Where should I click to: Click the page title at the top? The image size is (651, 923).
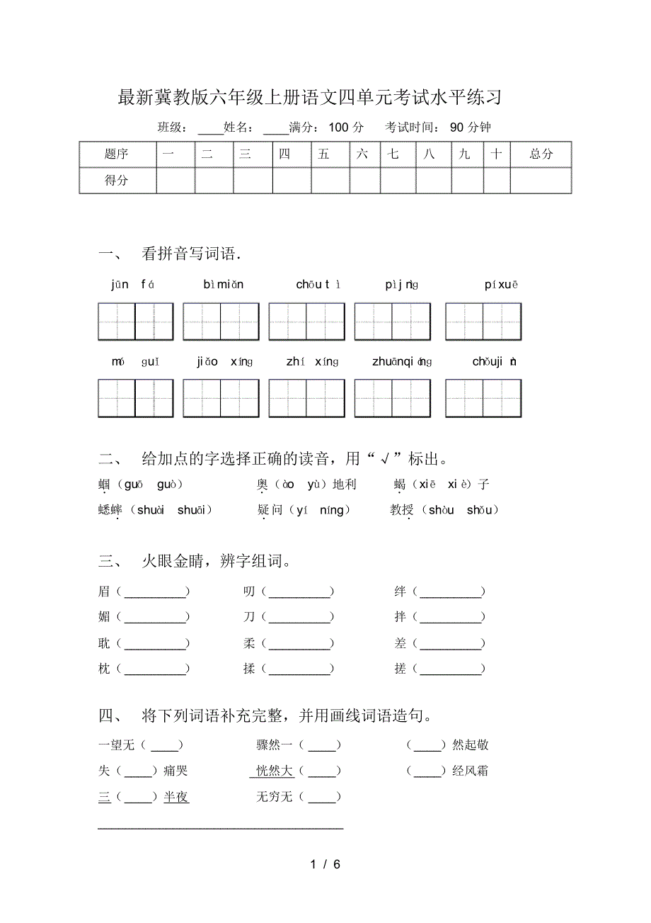(x=309, y=98)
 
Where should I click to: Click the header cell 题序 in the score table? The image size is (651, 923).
(x=117, y=154)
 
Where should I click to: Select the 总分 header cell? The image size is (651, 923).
(x=541, y=154)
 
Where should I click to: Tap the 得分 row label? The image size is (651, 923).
(x=117, y=181)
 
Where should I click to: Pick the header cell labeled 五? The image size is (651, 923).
(x=324, y=154)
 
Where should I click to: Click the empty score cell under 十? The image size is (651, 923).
(x=497, y=181)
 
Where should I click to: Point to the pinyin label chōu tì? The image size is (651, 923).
(x=318, y=285)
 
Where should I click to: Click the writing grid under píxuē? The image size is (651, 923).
(x=483, y=322)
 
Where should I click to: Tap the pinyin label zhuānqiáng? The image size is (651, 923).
(x=401, y=362)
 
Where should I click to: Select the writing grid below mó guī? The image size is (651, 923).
(x=135, y=398)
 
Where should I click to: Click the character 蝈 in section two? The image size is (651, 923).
(x=104, y=485)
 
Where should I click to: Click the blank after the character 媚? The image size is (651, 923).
(x=156, y=618)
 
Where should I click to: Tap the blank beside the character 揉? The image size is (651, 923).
(x=300, y=669)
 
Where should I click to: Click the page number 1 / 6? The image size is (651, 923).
(x=325, y=864)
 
